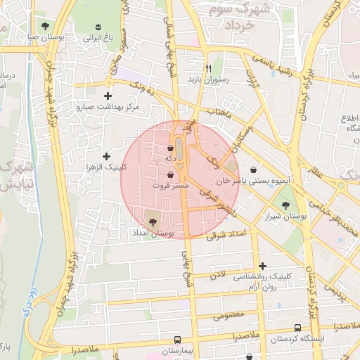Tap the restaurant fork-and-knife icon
[208, 68]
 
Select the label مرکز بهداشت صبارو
[108, 108]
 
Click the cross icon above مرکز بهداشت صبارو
[108, 96]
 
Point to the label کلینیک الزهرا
[106, 167]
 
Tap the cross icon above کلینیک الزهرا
[106, 156]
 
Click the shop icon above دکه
[171, 148]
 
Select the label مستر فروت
[171, 185]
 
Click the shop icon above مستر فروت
[171, 174]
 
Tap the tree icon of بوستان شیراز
[285, 205]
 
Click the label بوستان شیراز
[285, 217]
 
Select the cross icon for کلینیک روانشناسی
[262, 266]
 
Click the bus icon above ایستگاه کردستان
[298, 328]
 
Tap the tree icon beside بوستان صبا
[46, 26]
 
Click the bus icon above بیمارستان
[177, 339]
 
